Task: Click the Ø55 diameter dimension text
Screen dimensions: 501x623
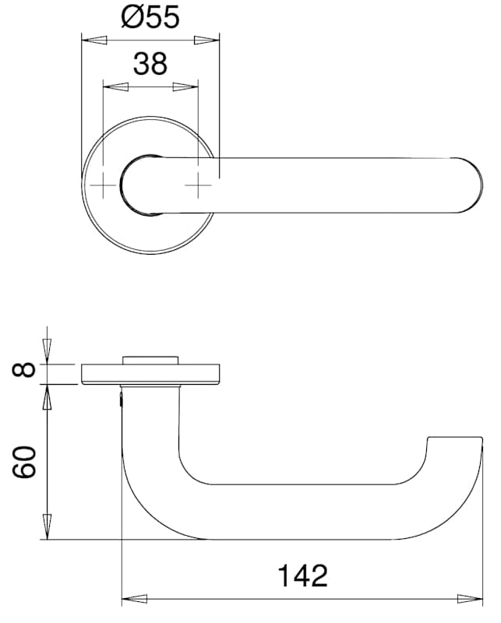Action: (x=150, y=16)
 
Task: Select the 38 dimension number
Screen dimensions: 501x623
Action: (x=150, y=64)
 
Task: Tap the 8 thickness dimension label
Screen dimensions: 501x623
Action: (x=24, y=370)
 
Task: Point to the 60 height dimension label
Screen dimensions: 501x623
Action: (x=24, y=462)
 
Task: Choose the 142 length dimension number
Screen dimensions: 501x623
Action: (x=302, y=575)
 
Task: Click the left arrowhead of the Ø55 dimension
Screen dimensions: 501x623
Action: (x=94, y=40)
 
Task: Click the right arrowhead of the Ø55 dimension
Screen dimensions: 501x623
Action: (x=206, y=40)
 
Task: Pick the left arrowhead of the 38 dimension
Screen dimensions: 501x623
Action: (x=116, y=86)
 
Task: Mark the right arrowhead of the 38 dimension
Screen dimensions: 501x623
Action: (x=185, y=86)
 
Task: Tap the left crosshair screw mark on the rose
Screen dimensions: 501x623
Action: (x=103, y=185)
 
